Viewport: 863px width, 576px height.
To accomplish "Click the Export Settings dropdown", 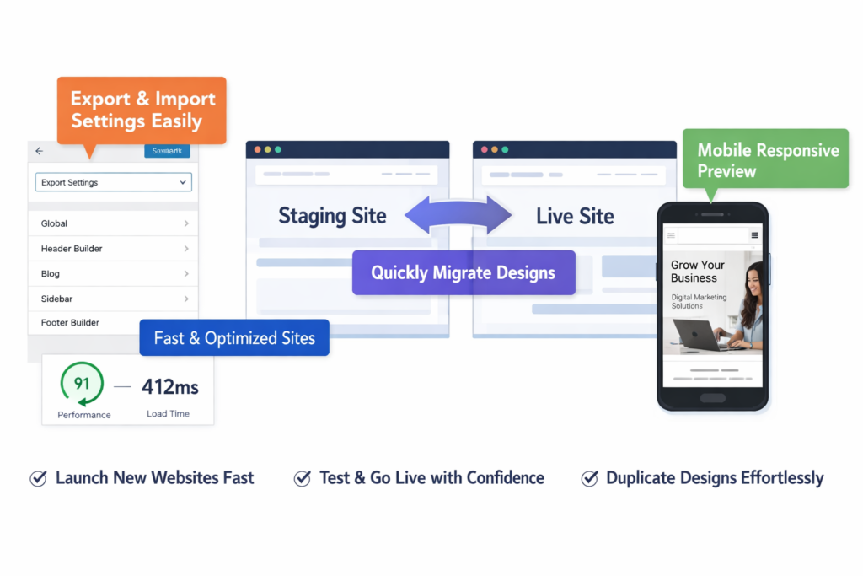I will pos(113,182).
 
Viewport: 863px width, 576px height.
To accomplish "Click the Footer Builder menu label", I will pos(70,323).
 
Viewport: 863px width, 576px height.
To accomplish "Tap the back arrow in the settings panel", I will pos(39,151).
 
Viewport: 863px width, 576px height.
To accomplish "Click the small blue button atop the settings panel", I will pos(167,151).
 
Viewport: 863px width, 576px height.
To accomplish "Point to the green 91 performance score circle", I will pos(82,385).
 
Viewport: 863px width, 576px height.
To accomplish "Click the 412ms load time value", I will pos(169,387).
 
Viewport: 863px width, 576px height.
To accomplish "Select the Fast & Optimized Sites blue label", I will pos(234,339).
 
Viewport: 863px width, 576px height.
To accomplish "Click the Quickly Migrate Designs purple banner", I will pos(463,272).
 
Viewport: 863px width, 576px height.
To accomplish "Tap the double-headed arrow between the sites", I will pos(458,217).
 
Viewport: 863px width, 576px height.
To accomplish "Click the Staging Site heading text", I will pos(332,216).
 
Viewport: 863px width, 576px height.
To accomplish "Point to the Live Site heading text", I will pos(575,217).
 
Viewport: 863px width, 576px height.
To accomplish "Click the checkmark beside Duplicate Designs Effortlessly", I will pos(590,478).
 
